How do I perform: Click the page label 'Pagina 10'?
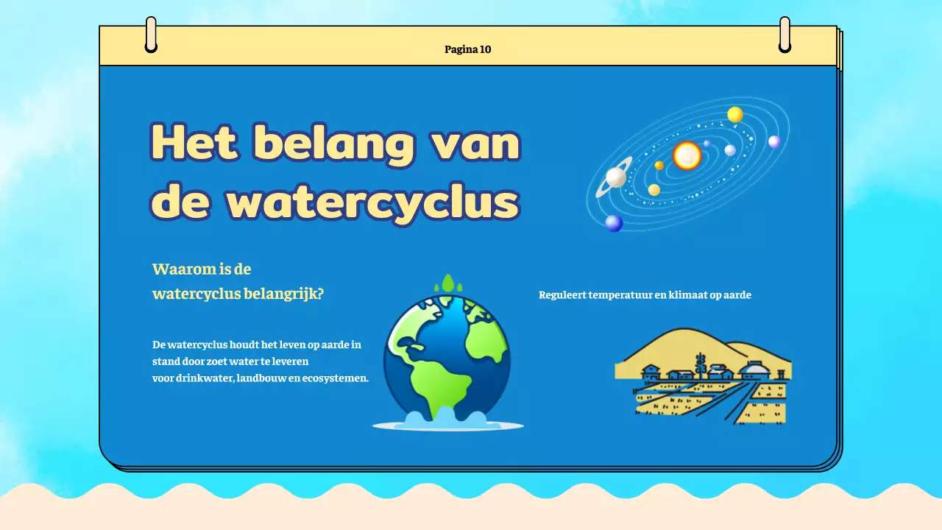467,50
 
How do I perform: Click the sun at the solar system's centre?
687,155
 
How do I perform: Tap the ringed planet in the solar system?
615,177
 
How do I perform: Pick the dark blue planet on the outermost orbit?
614,223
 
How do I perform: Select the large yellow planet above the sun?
734,115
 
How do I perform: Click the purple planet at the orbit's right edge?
774,142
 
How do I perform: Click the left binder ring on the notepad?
151,35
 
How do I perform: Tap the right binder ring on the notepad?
785,35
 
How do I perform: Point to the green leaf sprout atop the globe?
447,284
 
